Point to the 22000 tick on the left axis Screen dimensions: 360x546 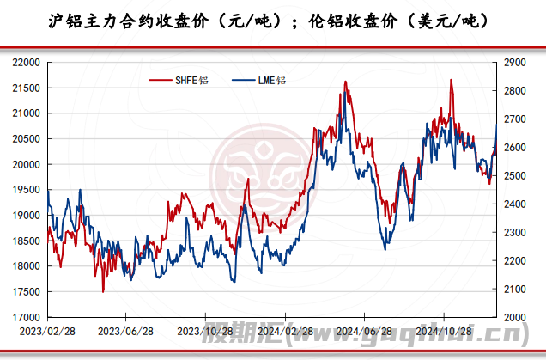(x=28, y=63)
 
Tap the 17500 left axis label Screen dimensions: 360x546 (x=28, y=292)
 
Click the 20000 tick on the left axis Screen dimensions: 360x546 (x=28, y=164)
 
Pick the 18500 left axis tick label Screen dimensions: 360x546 (x=28, y=241)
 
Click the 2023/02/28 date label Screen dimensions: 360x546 (x=43, y=331)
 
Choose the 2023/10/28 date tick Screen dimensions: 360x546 (x=203, y=331)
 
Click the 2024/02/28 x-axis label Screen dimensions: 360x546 (x=282, y=331)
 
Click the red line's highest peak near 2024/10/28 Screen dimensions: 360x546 (x=452, y=80)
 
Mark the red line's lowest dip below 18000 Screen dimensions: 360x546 (x=103, y=291)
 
